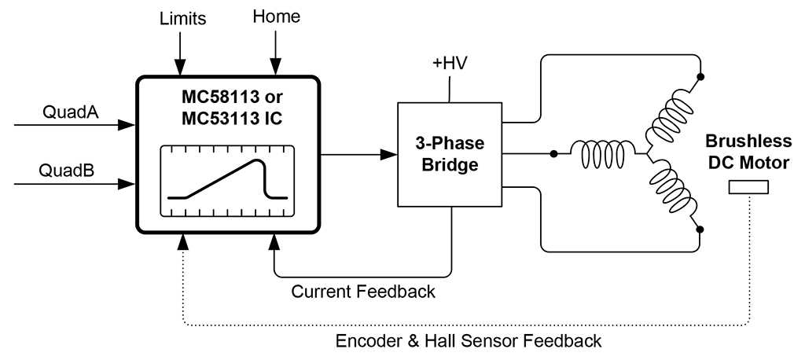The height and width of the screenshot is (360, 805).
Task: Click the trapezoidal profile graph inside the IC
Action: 229,180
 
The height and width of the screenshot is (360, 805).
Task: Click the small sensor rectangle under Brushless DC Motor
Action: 748,187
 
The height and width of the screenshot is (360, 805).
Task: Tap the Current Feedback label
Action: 363,292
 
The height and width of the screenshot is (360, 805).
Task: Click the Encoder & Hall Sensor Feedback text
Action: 469,341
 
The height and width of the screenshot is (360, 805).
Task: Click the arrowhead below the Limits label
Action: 180,68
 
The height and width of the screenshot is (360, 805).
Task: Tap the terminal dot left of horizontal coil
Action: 555,154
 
